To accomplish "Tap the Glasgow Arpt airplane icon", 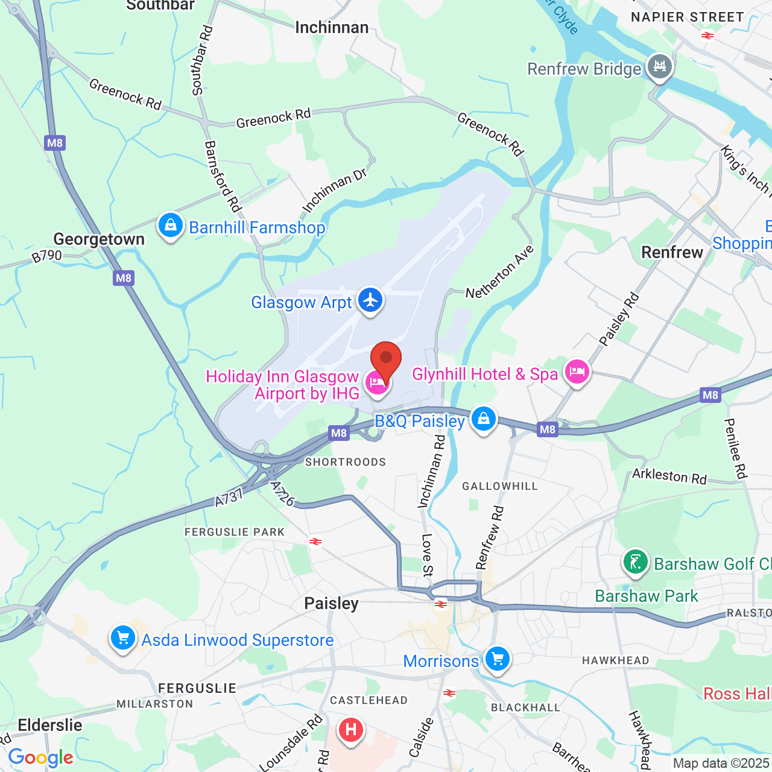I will pyautogui.click(x=370, y=300).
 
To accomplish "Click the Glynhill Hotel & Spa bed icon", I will pyautogui.click(x=577, y=372).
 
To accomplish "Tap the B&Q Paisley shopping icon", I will pyautogui.click(x=483, y=419).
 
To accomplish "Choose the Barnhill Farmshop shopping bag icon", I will pyautogui.click(x=171, y=226).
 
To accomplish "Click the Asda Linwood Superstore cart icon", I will pyautogui.click(x=123, y=638).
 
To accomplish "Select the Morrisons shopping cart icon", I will pyautogui.click(x=498, y=659).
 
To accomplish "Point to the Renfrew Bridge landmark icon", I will pyautogui.click(x=659, y=67).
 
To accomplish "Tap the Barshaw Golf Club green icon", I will pyautogui.click(x=634, y=562).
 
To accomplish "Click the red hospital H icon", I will pyautogui.click(x=350, y=730).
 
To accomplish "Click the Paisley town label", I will pyautogui.click(x=331, y=603).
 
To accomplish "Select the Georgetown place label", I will pyautogui.click(x=99, y=239).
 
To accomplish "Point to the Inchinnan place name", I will pyautogui.click(x=332, y=28).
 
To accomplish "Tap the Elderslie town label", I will pyautogui.click(x=50, y=725).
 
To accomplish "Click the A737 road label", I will pyautogui.click(x=229, y=498).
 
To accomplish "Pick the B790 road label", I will pyautogui.click(x=47, y=256).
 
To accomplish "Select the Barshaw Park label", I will pyautogui.click(x=647, y=596).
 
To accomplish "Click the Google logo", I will pyautogui.click(x=40, y=758).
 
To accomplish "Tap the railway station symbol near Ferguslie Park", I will pyautogui.click(x=315, y=542).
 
